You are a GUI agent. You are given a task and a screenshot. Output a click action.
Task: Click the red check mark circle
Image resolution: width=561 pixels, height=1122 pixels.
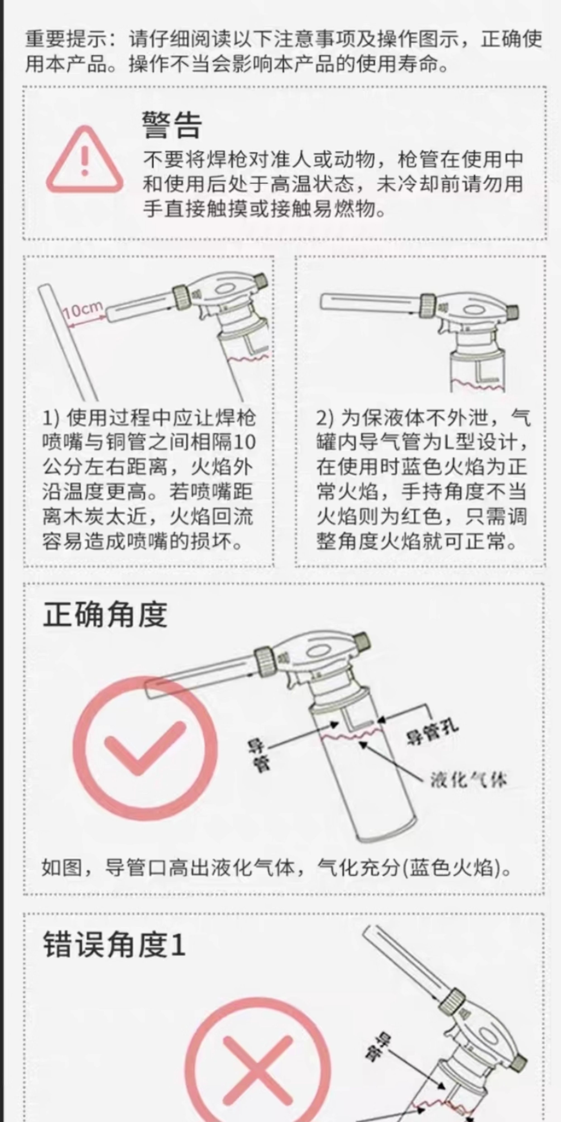145,748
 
